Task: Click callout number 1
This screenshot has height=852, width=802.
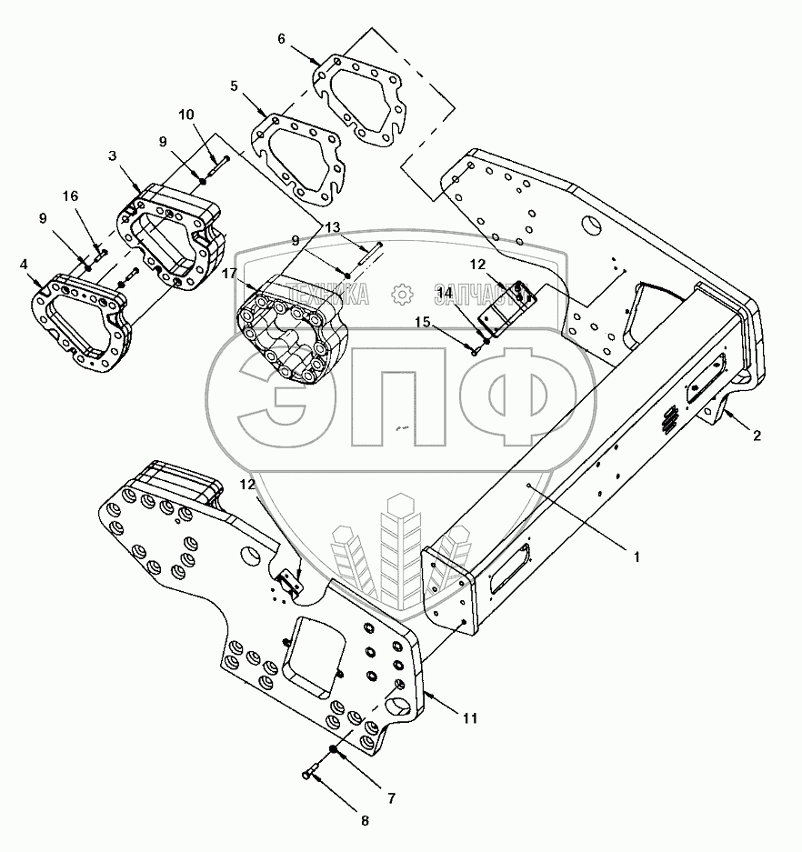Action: click(637, 557)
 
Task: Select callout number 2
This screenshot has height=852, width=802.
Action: click(756, 435)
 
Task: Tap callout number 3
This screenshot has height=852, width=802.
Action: click(113, 155)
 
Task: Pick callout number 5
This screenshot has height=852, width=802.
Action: click(235, 87)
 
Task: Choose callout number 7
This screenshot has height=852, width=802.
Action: click(391, 798)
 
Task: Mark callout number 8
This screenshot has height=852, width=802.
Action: click(365, 821)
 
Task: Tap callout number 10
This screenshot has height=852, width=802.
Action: click(185, 115)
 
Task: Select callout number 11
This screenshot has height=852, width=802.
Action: click(469, 718)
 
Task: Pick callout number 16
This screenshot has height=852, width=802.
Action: click(69, 196)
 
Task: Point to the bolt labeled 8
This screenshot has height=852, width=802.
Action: click(309, 774)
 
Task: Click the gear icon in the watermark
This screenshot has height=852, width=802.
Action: click(398, 294)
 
